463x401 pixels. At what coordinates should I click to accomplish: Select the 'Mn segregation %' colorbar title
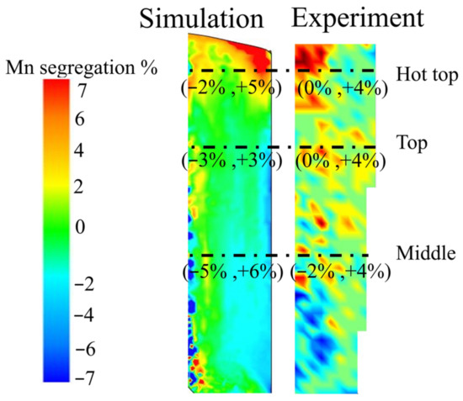pyautogui.click(x=79, y=69)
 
